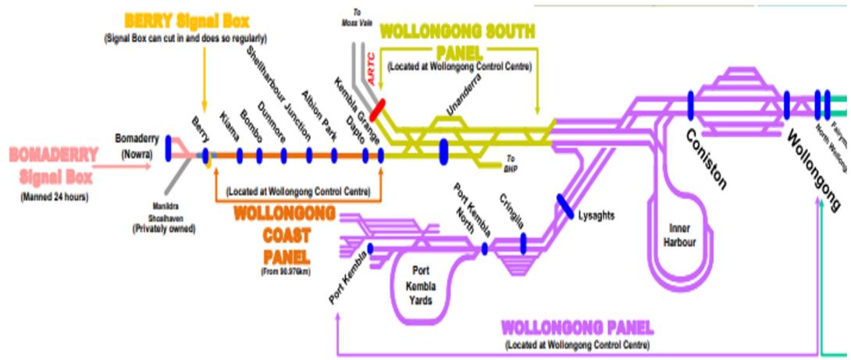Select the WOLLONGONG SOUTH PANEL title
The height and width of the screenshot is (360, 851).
(x=458, y=42)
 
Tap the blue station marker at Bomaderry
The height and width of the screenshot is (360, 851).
(x=168, y=148)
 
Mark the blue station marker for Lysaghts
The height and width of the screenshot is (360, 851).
(x=566, y=205)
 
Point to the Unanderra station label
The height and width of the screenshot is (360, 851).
(x=461, y=102)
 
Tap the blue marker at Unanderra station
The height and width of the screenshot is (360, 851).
(x=444, y=148)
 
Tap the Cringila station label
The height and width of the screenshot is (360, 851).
(x=511, y=210)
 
